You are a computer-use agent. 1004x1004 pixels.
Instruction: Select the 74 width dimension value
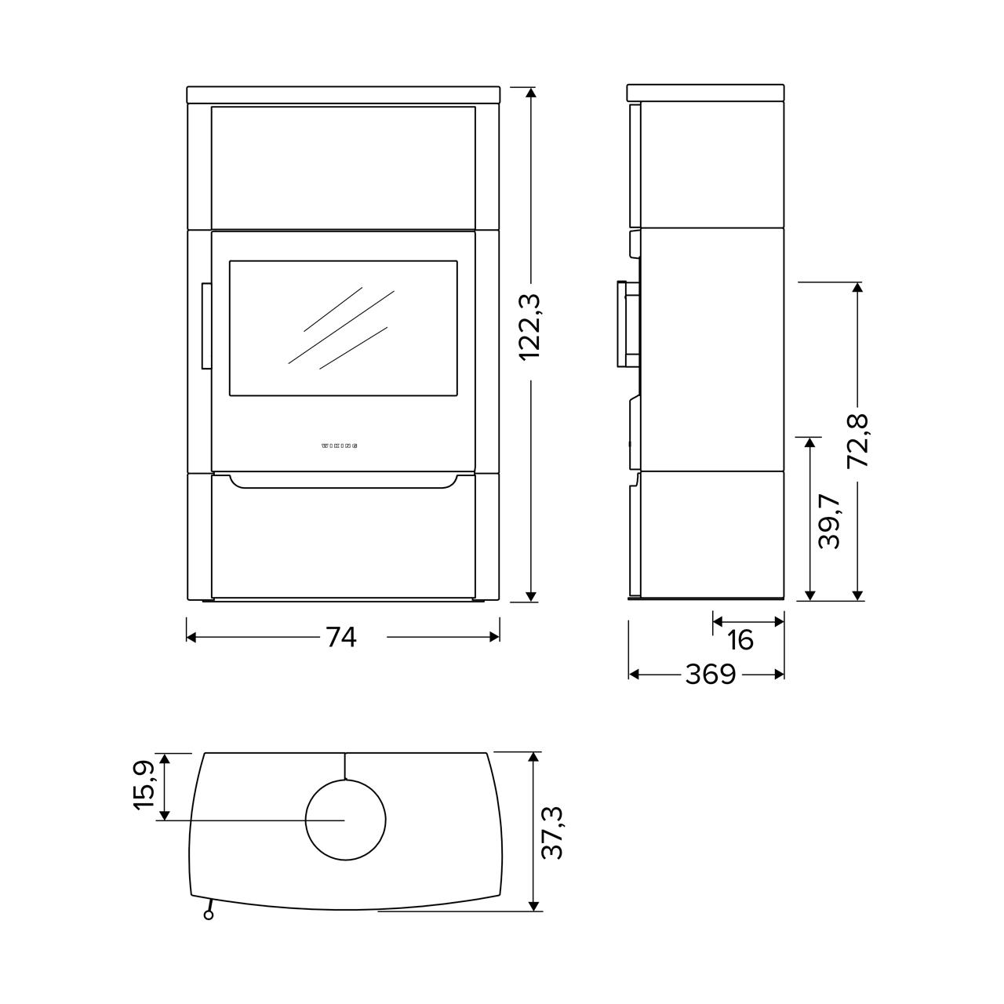click(x=342, y=637)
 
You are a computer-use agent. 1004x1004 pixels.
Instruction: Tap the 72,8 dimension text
click(x=857, y=441)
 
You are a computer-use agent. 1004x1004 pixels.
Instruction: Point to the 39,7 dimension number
click(x=829, y=522)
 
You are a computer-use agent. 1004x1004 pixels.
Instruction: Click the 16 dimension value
click(x=740, y=640)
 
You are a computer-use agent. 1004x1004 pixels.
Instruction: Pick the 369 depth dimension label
click(x=711, y=675)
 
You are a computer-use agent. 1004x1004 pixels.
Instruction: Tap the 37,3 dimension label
click(x=552, y=840)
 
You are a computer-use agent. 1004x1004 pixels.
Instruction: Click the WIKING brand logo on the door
click(x=339, y=446)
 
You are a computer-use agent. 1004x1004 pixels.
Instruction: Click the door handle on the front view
click(x=206, y=326)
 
